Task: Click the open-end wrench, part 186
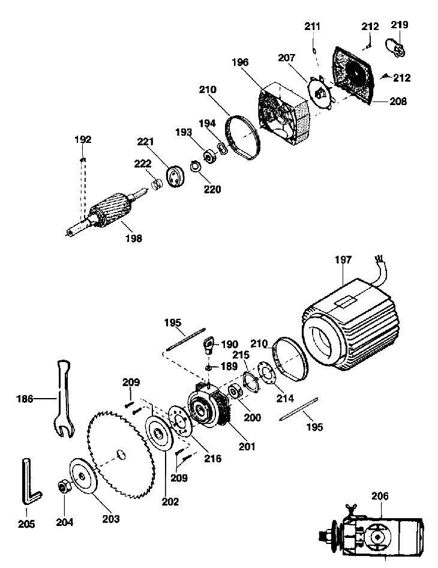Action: click(x=64, y=399)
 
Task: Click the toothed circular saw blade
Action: click(x=121, y=454)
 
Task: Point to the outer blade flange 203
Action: click(x=83, y=476)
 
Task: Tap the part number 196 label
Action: click(x=240, y=62)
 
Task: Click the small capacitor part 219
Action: click(x=396, y=47)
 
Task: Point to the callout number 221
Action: click(x=145, y=141)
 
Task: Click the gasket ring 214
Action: click(x=267, y=374)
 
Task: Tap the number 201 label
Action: click(x=247, y=447)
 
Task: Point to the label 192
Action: click(x=83, y=139)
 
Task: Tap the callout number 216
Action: click(x=212, y=459)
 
